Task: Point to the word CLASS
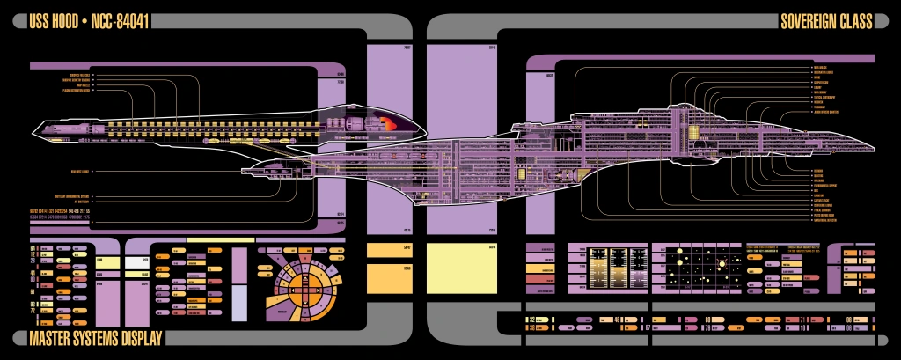pyautogui.click(x=856, y=21)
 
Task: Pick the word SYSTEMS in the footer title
pyautogui.click(x=99, y=339)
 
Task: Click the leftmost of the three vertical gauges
pyautogui.click(x=599, y=264)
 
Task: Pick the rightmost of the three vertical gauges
pyautogui.click(x=639, y=264)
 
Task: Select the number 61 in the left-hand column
pyautogui.click(x=33, y=290)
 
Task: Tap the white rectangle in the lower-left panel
pyautogui.click(x=137, y=261)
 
